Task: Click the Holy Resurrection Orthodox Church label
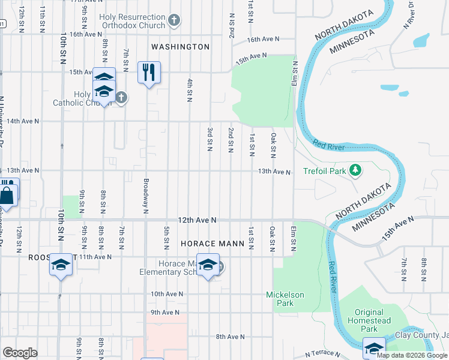(x=133, y=22)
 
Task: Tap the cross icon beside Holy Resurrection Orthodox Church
(x=174, y=22)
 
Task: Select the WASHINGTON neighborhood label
(x=180, y=46)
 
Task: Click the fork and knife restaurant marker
(x=148, y=73)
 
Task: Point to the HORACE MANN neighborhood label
(x=213, y=244)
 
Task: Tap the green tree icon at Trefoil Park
(x=355, y=171)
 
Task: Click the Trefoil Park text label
(x=325, y=171)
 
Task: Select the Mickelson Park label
(x=285, y=299)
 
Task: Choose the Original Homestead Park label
(x=369, y=320)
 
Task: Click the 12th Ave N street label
(x=197, y=220)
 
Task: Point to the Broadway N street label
(x=146, y=195)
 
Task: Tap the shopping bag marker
(x=7, y=194)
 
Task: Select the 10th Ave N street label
(x=166, y=294)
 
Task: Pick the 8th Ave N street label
(x=231, y=337)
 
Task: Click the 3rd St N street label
(x=210, y=139)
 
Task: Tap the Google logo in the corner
(x=20, y=353)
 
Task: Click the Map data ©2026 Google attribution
(x=412, y=356)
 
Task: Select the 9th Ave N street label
(x=166, y=312)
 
